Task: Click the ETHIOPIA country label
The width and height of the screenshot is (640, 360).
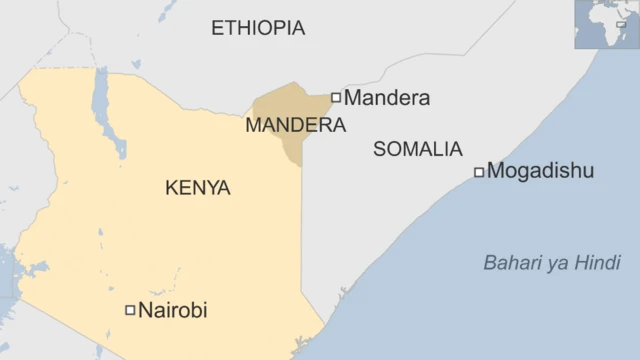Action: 258,28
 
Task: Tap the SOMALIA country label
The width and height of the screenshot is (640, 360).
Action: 417,149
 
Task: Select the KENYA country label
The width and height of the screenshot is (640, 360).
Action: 197,188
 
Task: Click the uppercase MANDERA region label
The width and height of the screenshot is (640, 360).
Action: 295,126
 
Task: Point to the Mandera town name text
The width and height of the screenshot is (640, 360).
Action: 387,98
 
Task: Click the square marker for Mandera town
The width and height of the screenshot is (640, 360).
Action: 336,97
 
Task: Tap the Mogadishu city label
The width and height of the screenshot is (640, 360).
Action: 540,171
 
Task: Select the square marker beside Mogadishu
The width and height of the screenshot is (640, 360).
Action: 479,172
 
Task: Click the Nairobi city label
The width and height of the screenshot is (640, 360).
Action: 172,310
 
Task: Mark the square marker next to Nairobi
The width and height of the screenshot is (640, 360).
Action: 129,310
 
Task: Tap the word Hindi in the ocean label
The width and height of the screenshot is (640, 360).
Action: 599,263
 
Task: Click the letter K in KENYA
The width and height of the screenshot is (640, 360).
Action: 171,188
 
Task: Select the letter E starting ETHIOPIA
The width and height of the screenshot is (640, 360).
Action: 217,28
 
